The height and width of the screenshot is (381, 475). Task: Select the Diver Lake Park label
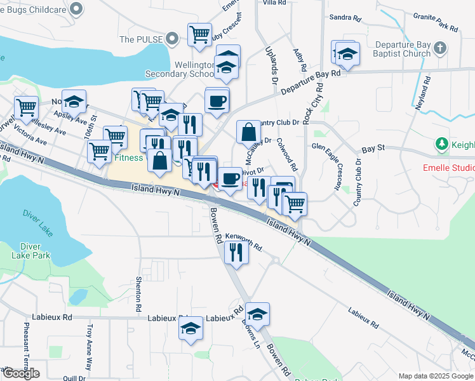[35, 252]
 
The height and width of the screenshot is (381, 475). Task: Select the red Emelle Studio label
[448, 168]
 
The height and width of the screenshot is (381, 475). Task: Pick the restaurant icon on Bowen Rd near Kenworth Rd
[236, 252]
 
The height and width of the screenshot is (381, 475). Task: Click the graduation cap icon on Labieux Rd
[190, 328]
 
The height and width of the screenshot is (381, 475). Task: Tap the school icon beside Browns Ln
[257, 314]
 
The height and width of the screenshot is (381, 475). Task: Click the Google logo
[21, 373]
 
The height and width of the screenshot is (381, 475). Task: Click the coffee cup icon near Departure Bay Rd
[217, 101]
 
